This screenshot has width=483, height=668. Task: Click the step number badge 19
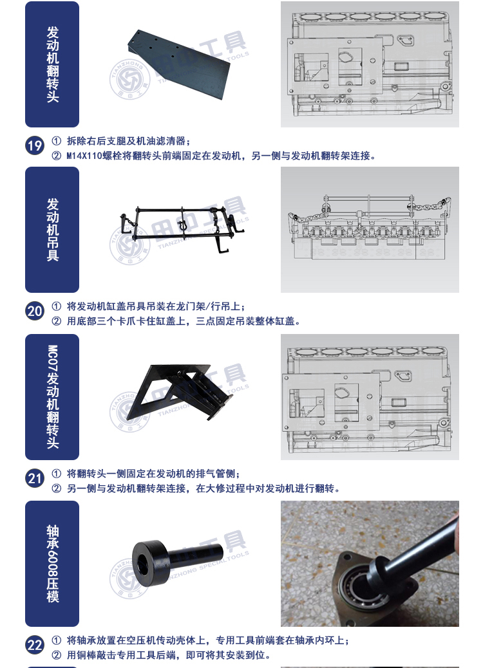35,146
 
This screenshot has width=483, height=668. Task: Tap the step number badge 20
35,311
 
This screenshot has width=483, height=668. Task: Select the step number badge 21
35,478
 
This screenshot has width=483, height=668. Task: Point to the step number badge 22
35,645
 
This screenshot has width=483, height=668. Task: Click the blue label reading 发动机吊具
52,230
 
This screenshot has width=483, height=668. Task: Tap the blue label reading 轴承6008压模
52,563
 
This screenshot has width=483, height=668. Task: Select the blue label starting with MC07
52,396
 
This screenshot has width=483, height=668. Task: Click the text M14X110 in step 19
84,156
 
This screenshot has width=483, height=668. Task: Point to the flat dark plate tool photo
179,64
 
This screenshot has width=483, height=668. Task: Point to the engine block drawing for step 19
370,64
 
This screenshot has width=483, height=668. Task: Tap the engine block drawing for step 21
370,396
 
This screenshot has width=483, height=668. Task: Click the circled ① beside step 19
56,141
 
